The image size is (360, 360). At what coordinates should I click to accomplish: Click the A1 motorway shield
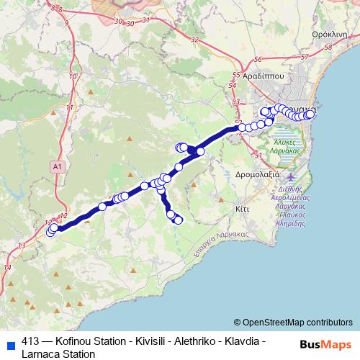coord(58,166)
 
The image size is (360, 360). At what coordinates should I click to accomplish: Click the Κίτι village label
coord(242,207)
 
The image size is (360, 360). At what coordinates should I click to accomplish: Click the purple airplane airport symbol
coord(290,176)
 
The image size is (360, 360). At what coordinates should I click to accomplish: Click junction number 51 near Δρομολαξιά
coord(258,155)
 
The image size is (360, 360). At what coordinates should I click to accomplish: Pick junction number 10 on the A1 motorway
coord(73,76)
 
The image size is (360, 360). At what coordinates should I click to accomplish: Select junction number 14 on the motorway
coord(8,268)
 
